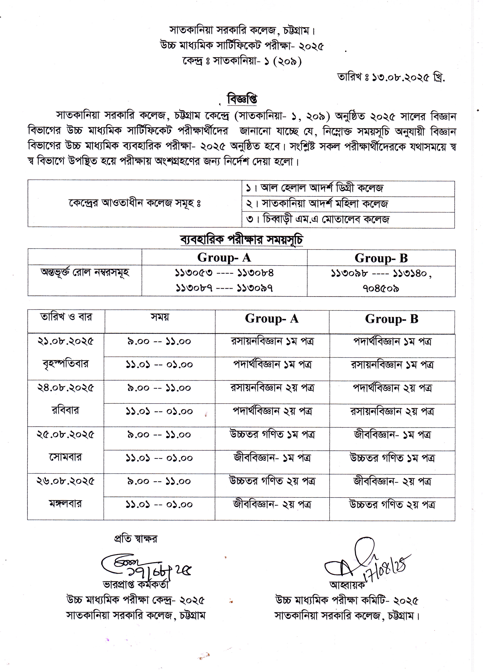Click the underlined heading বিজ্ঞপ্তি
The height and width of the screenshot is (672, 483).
pyautogui.click(x=242, y=99)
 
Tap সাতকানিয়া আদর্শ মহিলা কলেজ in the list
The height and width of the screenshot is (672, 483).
pyautogui.click(x=325, y=204)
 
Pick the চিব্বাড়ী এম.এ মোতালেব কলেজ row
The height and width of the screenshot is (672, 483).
pyautogui.click(x=326, y=219)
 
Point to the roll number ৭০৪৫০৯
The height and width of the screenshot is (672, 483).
pyautogui.click(x=381, y=288)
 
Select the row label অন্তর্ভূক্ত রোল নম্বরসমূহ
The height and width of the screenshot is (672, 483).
pyautogui.click(x=85, y=273)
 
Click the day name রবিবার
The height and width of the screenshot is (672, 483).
pyautogui.click(x=65, y=411)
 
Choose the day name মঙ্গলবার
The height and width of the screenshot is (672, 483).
pyautogui.click(x=65, y=504)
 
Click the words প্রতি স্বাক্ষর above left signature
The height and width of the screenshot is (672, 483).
pyautogui.click(x=136, y=538)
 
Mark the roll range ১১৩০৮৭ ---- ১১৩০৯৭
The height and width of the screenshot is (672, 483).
pyautogui.click(x=224, y=288)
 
